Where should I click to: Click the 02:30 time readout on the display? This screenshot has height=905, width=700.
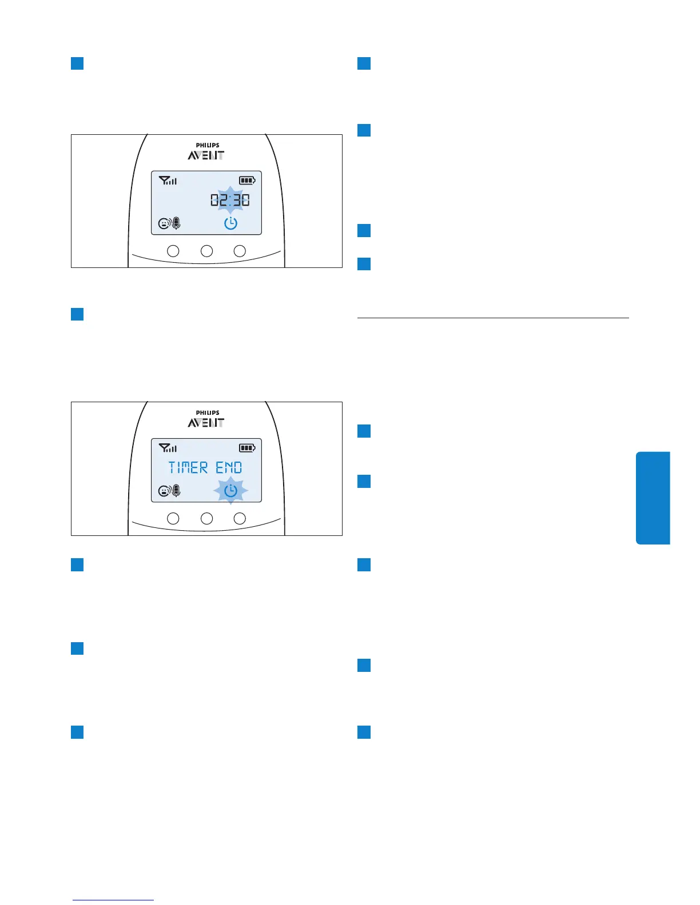[230, 200]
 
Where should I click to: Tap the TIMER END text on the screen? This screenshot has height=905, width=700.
[205, 468]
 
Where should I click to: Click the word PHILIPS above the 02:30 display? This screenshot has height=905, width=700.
[208, 145]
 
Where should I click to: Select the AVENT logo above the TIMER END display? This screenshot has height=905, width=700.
[206, 423]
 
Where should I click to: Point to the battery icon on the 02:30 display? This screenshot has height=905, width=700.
[246, 181]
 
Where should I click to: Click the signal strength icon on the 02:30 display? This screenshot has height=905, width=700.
[168, 181]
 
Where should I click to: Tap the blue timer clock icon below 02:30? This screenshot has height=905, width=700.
[230, 223]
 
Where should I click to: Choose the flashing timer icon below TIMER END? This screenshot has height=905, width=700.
[230, 491]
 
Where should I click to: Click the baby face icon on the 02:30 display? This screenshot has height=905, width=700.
[164, 224]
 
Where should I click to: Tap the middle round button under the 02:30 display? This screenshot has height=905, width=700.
[206, 251]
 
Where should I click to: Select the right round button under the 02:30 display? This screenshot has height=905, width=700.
[240, 251]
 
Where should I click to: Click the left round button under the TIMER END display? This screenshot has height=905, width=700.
[173, 518]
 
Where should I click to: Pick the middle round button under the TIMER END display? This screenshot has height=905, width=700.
[206, 518]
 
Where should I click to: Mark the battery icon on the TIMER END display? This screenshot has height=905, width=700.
[246, 448]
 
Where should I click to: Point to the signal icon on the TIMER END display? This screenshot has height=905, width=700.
[168, 448]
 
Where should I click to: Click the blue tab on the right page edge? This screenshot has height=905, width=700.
[653, 498]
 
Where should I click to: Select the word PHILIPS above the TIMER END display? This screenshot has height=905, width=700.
[208, 413]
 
